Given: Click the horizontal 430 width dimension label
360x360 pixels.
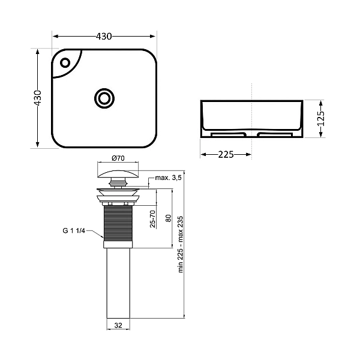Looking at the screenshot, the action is [104, 36].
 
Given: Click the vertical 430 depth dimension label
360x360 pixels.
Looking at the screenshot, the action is [38, 98].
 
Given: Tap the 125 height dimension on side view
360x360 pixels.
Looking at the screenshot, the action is [321, 118].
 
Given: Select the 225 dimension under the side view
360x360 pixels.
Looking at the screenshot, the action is [226, 155].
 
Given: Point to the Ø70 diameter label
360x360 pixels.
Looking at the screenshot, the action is [118, 158].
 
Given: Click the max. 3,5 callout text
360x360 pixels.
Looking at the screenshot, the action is [168, 178].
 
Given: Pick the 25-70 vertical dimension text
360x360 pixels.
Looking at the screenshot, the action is [152, 219].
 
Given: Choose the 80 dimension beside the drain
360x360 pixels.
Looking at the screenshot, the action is [168, 218].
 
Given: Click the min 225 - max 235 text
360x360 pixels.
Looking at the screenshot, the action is [181, 244].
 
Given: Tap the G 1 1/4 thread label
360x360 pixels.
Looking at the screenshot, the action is [74, 230].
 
